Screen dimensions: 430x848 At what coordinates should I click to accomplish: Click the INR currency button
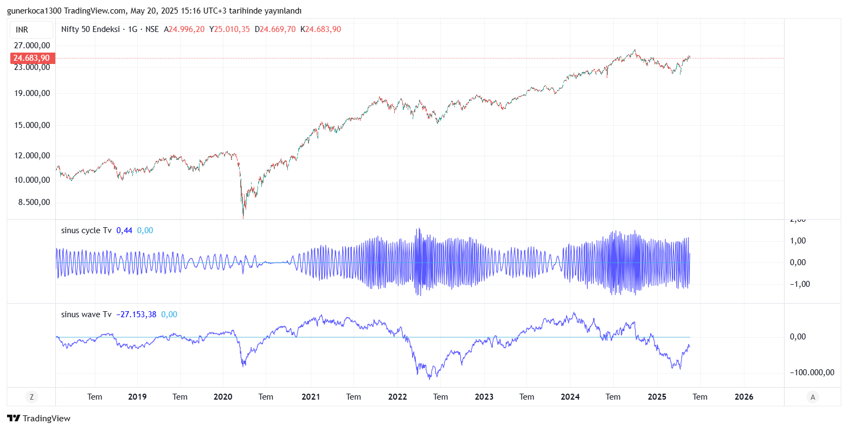tap(22, 30)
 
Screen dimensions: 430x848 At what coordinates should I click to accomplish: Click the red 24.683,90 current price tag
tap(31, 58)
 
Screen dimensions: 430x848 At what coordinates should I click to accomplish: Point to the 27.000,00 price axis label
tap(32, 46)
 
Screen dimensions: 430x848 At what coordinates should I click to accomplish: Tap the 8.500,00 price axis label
tap(34, 202)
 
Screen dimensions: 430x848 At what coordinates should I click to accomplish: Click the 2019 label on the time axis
tap(137, 397)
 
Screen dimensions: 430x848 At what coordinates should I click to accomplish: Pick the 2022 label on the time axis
tap(397, 397)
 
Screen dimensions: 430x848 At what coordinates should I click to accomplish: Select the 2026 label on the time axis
tap(743, 397)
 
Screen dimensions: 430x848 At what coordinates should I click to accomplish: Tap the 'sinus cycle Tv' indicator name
tap(86, 230)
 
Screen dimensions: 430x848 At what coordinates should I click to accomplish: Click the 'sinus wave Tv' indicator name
tap(86, 315)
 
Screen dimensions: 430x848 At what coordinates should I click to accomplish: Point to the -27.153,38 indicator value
tap(136, 315)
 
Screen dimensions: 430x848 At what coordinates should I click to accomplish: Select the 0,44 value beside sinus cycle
tap(124, 230)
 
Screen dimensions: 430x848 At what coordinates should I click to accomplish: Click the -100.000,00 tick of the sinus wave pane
tap(812, 373)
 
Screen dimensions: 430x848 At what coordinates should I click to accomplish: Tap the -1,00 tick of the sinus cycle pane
tap(800, 284)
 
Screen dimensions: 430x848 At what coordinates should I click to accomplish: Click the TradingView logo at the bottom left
tap(38, 418)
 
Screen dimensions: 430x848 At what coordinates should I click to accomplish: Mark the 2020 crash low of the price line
tap(243, 217)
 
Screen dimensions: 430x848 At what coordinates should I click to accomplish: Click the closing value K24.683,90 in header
tap(321, 29)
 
